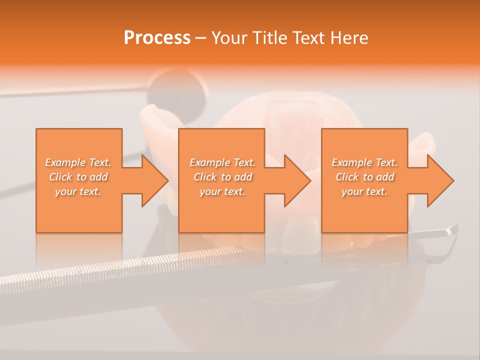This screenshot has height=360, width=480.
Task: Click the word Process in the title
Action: pyautogui.click(x=157, y=38)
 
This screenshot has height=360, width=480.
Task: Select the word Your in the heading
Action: pyautogui.click(x=231, y=38)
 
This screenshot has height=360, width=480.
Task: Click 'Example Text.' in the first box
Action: pyautogui.click(x=78, y=162)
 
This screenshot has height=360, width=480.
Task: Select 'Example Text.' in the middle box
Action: pyautogui.click(x=222, y=162)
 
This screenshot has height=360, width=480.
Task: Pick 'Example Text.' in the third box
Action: pyautogui.click(x=364, y=162)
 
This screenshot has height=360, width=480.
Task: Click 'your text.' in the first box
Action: pyautogui.click(x=78, y=191)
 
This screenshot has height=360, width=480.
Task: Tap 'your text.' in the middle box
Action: pyautogui.click(x=222, y=191)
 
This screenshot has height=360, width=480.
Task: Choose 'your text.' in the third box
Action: pyautogui.click(x=364, y=191)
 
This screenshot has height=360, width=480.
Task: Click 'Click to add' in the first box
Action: pyautogui.click(x=78, y=177)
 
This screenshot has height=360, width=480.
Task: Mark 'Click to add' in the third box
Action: pyautogui.click(x=364, y=177)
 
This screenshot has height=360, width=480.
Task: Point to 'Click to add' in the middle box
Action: pyautogui.click(x=222, y=177)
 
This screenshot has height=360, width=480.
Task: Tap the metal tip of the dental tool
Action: pyautogui.click(x=451, y=230)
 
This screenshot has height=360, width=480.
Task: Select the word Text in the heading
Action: pyautogui.click(x=310, y=38)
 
